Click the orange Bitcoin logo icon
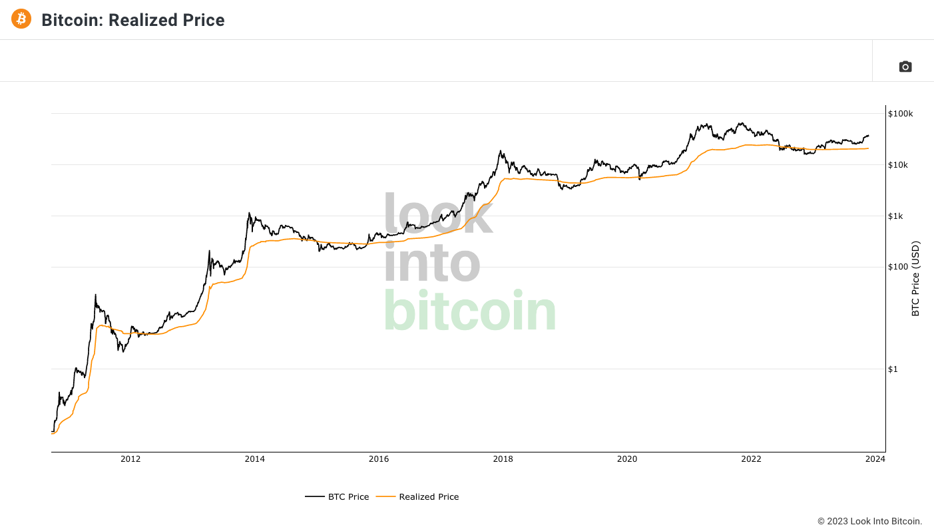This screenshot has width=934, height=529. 21,19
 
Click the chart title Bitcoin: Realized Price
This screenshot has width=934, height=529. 133,20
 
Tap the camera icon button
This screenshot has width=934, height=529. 905,67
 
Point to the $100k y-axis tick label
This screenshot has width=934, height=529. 901,114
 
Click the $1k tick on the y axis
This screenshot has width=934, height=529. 896,216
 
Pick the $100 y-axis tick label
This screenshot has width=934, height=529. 897,267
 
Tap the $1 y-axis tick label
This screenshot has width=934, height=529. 893,369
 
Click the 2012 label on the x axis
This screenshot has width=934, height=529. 130,459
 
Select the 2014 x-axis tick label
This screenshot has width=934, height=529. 254,459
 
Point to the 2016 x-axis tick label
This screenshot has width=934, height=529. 379,459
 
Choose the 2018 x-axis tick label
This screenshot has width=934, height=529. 503,459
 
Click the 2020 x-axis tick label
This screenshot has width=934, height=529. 627,459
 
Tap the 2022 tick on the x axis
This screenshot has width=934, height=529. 751,459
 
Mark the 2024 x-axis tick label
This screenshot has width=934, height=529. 875,459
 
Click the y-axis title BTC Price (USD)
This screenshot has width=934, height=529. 915,278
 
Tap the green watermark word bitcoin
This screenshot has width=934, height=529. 470,311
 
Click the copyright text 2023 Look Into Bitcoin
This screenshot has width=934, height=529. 869,521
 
